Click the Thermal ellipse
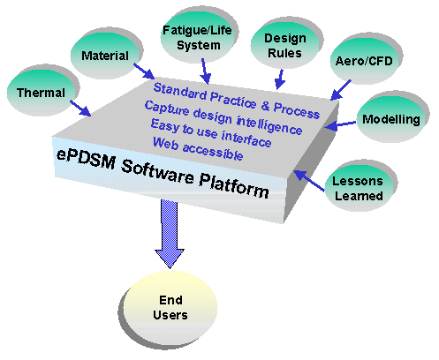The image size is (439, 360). pyautogui.click(x=41, y=93)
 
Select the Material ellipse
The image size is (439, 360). pyautogui.click(x=105, y=56)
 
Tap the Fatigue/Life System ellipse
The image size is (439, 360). pyautogui.click(x=198, y=37)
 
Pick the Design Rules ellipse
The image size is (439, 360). pyautogui.click(x=284, y=45)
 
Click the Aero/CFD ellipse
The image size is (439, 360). pyautogui.click(x=364, y=61)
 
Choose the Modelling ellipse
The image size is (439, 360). pyautogui.click(x=391, y=119)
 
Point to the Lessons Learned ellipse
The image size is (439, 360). pyautogui.click(x=359, y=188)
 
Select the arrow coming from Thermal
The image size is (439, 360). pyautogui.click(x=80, y=109)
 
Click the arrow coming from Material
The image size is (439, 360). pyautogui.click(x=144, y=71)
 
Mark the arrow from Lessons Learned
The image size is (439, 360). pyautogui.click(x=309, y=181)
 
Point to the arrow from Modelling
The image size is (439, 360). pyautogui.click(x=340, y=125)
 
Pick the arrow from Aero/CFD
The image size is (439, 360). pyautogui.click(x=340, y=90)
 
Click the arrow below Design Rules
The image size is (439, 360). pyautogui.click(x=279, y=79)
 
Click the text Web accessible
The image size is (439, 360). pyautogui.click(x=198, y=148)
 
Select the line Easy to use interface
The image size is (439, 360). pyautogui.click(x=211, y=133)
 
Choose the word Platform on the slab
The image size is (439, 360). pyautogui.click(x=234, y=186)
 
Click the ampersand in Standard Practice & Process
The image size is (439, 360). pyautogui.click(x=265, y=106)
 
